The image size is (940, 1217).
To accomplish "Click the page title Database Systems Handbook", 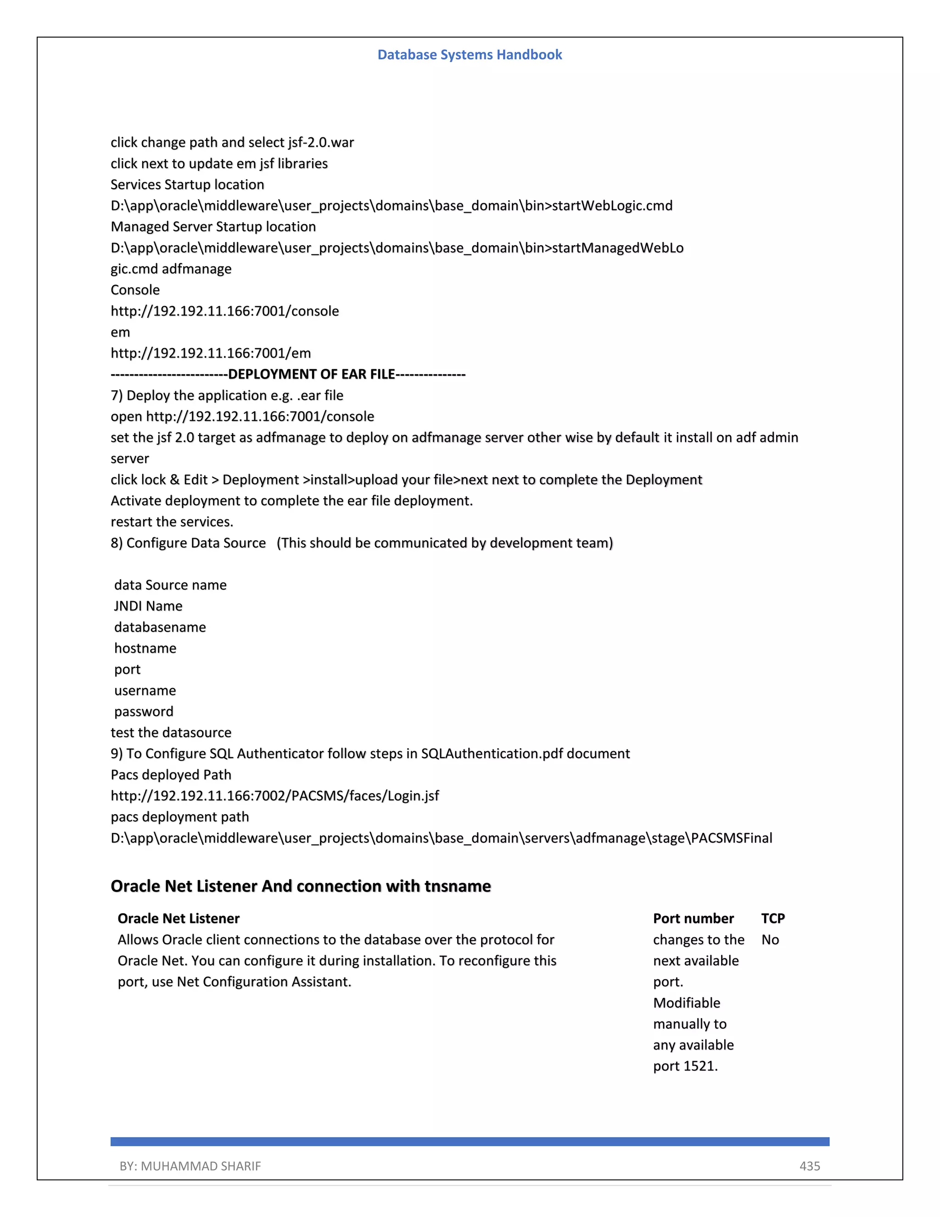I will pyautogui.click(x=470, y=55).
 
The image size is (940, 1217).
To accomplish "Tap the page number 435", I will pyautogui.click(x=809, y=1166).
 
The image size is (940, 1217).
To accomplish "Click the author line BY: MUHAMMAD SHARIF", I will pyautogui.click(x=190, y=1166).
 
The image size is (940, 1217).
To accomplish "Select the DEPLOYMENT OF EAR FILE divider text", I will pyautogui.click(x=311, y=374).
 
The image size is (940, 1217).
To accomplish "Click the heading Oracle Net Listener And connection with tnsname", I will pyautogui.click(x=301, y=885).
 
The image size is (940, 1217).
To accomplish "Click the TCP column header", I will pyautogui.click(x=772, y=918).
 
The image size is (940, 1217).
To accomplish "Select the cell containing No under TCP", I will pyautogui.click(x=770, y=940).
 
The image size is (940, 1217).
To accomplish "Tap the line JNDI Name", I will pyautogui.click(x=148, y=606).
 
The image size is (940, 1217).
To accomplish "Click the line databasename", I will pyautogui.click(x=160, y=627).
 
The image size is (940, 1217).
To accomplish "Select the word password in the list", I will pyautogui.click(x=144, y=711).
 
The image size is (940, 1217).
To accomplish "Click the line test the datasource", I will pyautogui.click(x=171, y=732).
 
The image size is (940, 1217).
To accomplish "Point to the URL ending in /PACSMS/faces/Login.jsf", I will pyautogui.click(x=274, y=796).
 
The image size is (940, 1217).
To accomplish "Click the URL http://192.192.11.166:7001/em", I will pyautogui.click(x=211, y=353).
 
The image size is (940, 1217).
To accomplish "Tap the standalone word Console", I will pyautogui.click(x=135, y=290).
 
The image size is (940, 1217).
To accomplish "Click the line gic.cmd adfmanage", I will pyautogui.click(x=171, y=269).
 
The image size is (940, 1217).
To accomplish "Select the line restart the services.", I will pyautogui.click(x=172, y=522).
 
